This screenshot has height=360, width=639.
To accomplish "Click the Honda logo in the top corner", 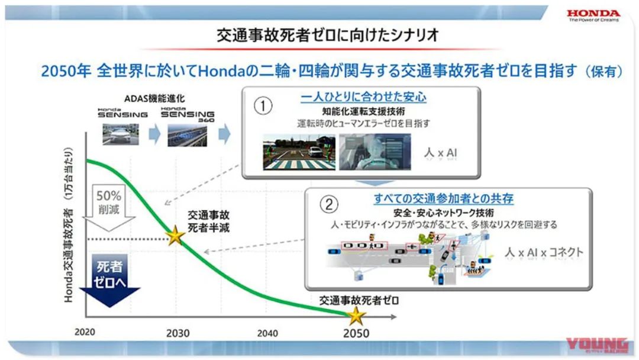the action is point(593,16).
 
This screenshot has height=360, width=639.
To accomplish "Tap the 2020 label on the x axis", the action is point(85,332).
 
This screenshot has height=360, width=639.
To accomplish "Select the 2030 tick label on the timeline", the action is point(177,333).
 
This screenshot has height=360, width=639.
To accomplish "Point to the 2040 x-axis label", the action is point(267,333).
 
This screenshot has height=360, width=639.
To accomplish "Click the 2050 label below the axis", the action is point(356,333).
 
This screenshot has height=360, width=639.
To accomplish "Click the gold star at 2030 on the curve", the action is point(175,235).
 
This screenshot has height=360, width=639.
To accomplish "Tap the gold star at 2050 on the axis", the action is point(356,316).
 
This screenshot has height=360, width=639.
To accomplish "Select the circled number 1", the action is point(263,106).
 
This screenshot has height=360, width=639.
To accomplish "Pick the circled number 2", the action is point(329,204).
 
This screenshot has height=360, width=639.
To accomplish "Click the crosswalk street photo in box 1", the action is point(299,152).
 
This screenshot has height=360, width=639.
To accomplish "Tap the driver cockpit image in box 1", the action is point(375,152).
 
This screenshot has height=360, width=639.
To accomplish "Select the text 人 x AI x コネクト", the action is point(544,252).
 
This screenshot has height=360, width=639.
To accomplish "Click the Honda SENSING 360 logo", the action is point(188,114).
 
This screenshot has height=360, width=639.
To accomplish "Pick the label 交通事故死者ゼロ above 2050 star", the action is point(359,300).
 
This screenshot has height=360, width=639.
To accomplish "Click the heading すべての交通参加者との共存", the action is point(443,198).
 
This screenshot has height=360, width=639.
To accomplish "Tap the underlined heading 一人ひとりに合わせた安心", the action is point(363,97).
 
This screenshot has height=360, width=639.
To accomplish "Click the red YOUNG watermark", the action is point(596,345).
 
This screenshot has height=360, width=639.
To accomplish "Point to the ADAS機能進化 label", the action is point(154,98).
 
